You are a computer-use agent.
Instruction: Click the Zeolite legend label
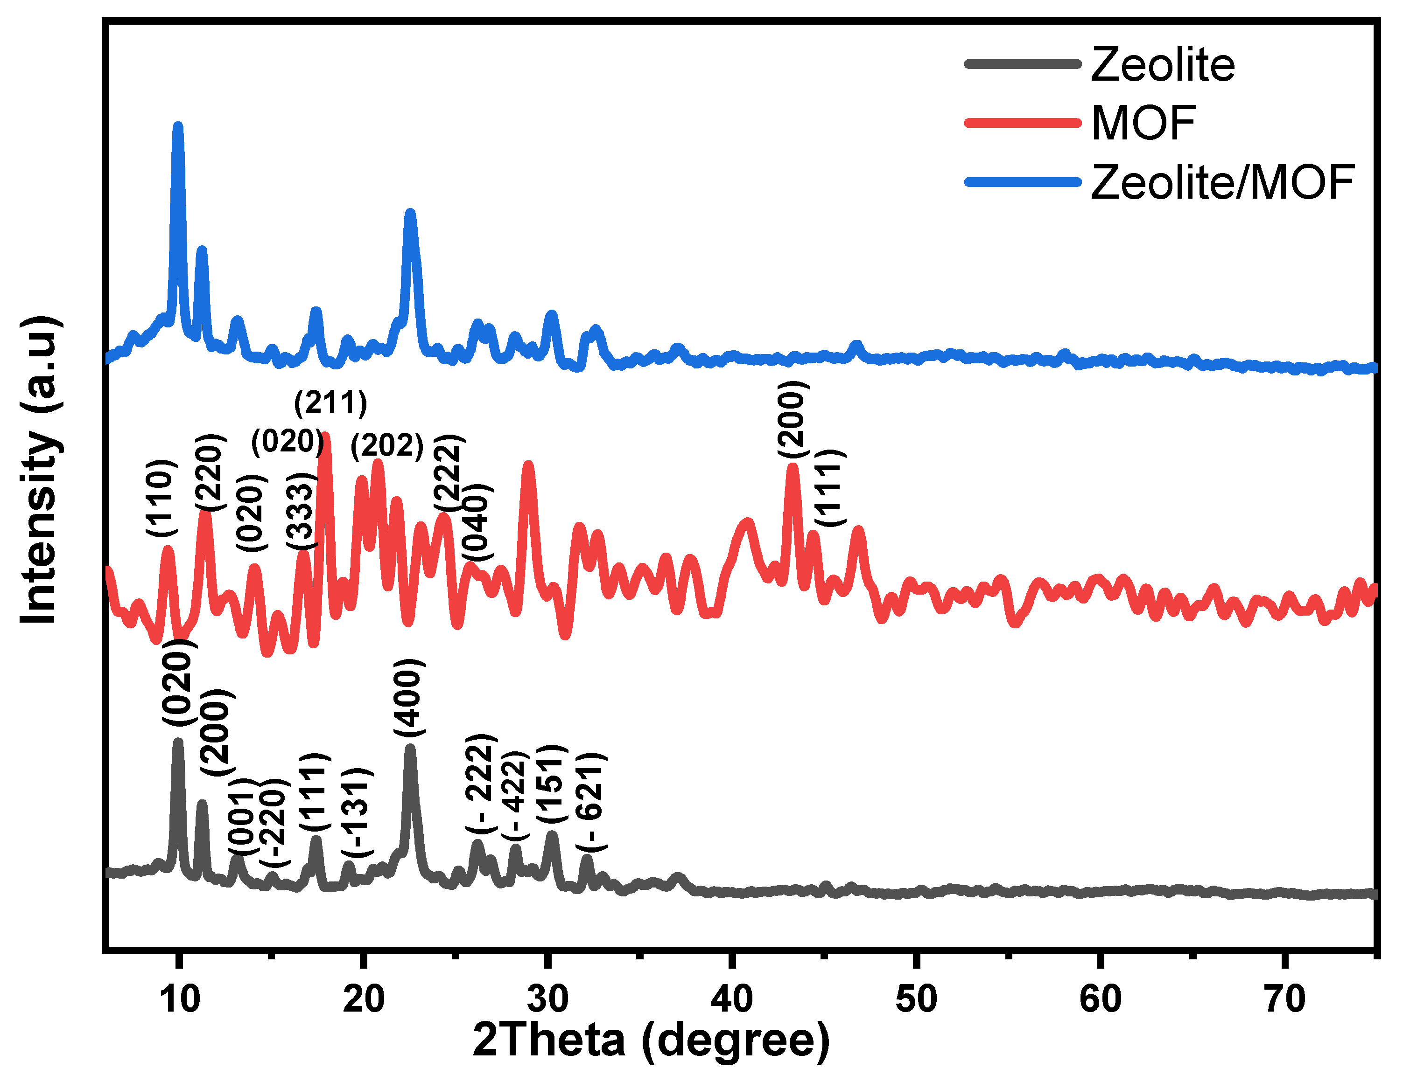[1162, 65]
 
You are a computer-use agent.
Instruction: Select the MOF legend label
[1143, 123]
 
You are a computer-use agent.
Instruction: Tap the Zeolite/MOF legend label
[1222, 183]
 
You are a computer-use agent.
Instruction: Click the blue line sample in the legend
[1023, 182]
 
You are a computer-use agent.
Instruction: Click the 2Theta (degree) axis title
[651, 1040]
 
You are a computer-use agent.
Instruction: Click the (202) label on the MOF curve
[387, 445]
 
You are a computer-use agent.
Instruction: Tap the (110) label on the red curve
[160, 498]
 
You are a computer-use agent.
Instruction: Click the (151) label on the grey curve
[551, 784]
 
